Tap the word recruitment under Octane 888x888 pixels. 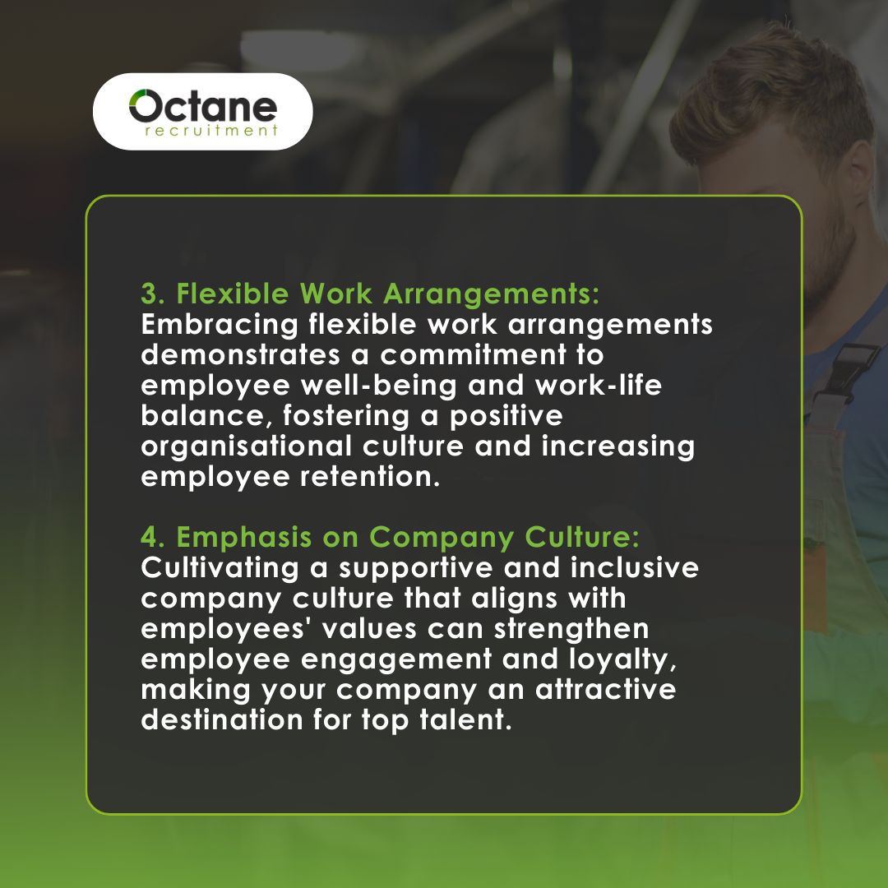(x=209, y=130)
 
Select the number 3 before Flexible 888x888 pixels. (x=149, y=294)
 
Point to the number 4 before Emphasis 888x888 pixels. (x=149, y=538)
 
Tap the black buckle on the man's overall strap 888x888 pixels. (x=851, y=367)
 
